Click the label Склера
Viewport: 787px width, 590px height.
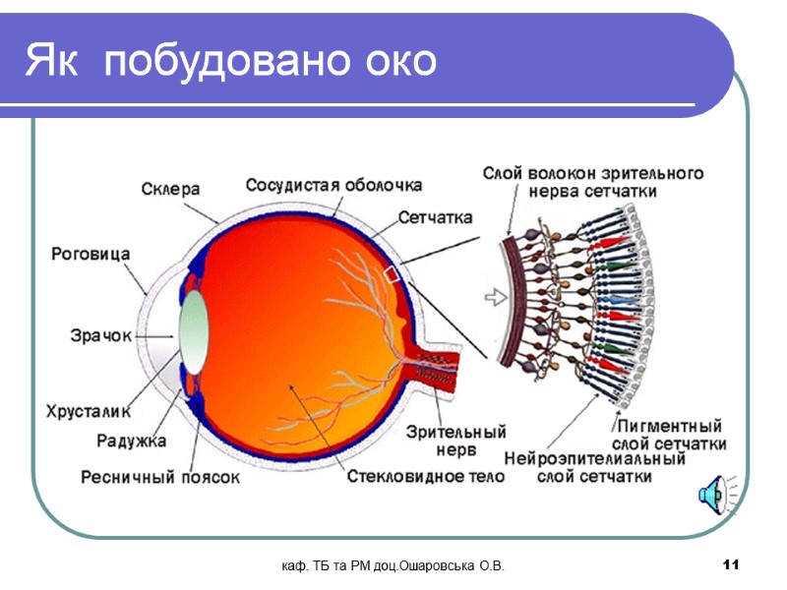(x=170, y=188)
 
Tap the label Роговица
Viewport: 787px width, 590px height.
(x=91, y=254)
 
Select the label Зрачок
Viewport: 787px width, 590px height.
(x=100, y=335)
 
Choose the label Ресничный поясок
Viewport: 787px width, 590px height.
(x=160, y=478)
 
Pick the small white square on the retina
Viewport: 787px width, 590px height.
(x=393, y=275)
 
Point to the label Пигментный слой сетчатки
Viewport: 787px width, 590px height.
(x=669, y=436)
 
